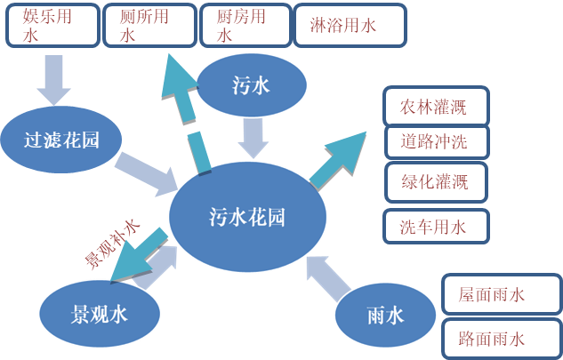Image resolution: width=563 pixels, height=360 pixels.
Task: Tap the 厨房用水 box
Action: [x=244, y=25]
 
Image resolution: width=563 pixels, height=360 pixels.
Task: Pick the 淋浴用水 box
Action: [x=349, y=26]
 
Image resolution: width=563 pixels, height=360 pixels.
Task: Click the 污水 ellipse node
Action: [x=252, y=86]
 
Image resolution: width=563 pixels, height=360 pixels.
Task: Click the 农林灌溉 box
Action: [x=435, y=108]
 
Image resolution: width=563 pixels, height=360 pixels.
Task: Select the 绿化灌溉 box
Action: [x=436, y=181]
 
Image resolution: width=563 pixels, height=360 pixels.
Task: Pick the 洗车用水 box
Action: [x=436, y=226]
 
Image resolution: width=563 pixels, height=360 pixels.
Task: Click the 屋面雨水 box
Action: [x=501, y=294]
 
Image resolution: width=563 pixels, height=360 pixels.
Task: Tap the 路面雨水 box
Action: [x=501, y=338]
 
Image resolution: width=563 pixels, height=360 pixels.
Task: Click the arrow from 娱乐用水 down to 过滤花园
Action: [x=51, y=80]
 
